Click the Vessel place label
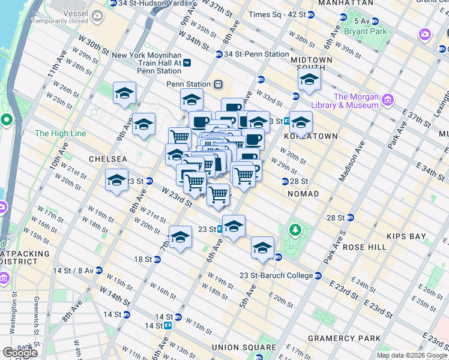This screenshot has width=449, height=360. (x=70, y=10)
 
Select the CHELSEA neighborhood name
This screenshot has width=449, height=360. (x=107, y=159)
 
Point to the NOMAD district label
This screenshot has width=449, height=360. (x=303, y=194)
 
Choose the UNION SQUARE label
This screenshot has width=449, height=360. (x=244, y=347)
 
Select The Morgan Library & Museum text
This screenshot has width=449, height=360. (x=357, y=101)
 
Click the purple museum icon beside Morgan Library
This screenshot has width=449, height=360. (x=388, y=99)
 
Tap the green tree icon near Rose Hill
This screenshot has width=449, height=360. (x=295, y=229)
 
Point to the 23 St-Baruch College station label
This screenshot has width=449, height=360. (x=277, y=275)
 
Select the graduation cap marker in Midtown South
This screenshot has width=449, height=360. (x=309, y=80)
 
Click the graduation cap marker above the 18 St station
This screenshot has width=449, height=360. (x=180, y=238)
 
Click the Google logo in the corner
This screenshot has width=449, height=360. (x=19, y=352)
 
